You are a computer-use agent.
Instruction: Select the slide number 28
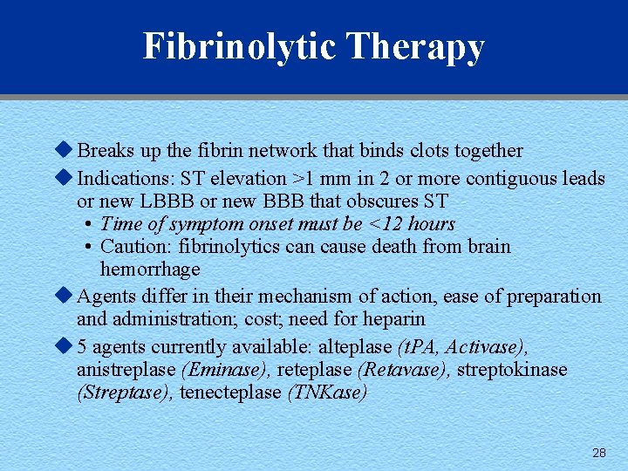tap(598, 453)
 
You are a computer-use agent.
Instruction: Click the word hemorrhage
tap(150, 270)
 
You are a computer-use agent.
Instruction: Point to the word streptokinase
tap(512, 369)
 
